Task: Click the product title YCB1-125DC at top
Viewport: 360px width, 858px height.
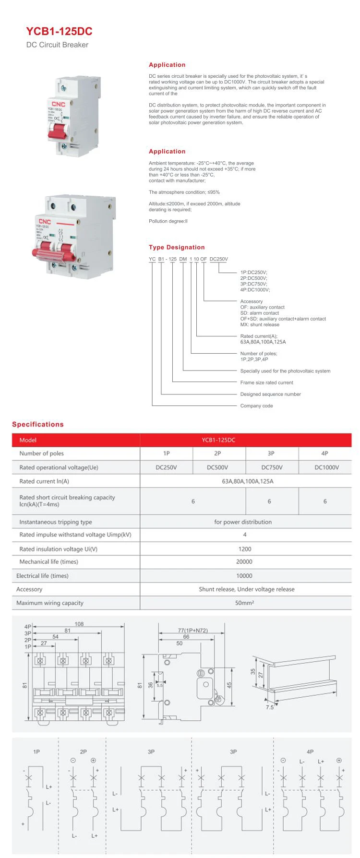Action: [x=59, y=32]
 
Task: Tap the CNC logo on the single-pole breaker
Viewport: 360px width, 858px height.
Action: [x=58, y=104]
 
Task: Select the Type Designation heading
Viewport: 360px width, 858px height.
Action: [x=177, y=247]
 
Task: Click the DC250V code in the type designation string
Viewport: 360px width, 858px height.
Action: [x=219, y=259]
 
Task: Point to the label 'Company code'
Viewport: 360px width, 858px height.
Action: [x=256, y=406]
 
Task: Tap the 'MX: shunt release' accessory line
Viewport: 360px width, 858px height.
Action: [x=259, y=325]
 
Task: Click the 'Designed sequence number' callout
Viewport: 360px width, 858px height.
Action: [x=270, y=394]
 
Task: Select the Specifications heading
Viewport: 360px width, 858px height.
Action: [x=38, y=424]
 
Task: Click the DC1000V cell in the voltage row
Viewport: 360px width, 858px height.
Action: [x=326, y=467]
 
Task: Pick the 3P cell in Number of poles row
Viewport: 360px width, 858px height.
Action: [x=271, y=453]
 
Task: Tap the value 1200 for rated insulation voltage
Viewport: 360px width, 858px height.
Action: [x=245, y=549]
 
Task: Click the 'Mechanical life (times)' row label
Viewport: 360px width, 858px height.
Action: [x=48, y=562]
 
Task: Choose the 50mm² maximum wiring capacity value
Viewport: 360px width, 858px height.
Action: [x=245, y=603]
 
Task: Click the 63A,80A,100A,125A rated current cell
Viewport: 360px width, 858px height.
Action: [x=247, y=481]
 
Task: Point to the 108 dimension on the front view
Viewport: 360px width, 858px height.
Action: [x=79, y=624]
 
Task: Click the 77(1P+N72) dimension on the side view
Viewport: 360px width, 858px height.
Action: [x=192, y=631]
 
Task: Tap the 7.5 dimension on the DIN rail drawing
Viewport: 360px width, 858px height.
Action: [x=270, y=707]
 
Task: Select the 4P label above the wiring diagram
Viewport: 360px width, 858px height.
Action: [x=310, y=752]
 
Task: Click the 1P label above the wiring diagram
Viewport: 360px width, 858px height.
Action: [x=36, y=752]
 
